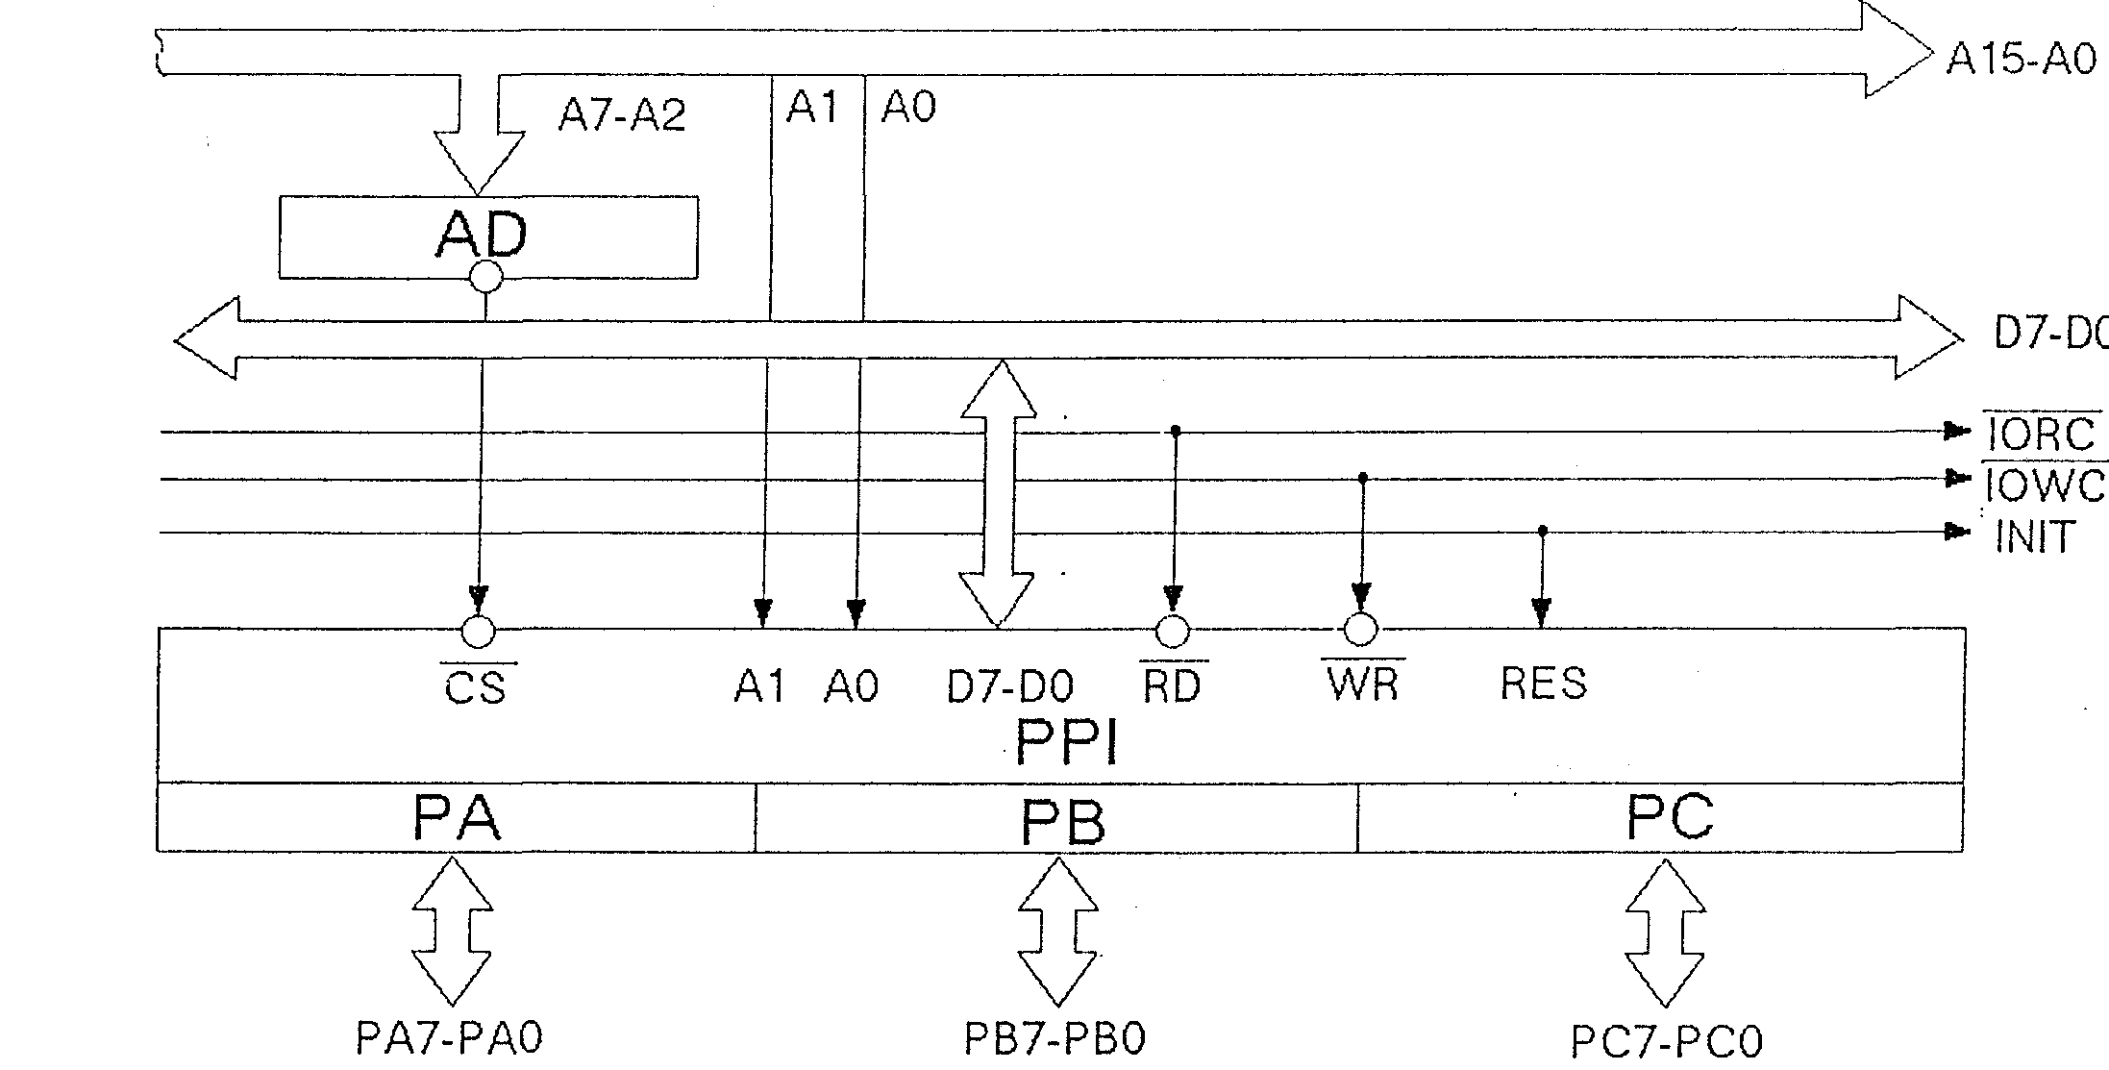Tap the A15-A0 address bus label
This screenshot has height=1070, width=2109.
coord(2021,59)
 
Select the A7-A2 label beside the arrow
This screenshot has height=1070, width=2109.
coord(622,115)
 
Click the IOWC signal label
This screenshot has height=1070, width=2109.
coord(2046,485)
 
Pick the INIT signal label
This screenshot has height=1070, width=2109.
coord(2035,536)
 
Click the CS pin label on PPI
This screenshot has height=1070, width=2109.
coord(477,686)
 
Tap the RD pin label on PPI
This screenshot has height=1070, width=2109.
coord(1173,685)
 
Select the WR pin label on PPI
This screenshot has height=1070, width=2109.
coord(1363,683)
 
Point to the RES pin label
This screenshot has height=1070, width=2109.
coord(1543,683)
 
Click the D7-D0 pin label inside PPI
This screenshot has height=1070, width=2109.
coord(1010,685)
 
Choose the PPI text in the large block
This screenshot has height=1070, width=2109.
coord(1067,743)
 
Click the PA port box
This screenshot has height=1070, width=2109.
coord(457,817)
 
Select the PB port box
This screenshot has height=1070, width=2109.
coord(1056,817)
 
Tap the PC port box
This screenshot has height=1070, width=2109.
coord(1660,817)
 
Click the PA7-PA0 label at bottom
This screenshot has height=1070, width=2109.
coord(449,1038)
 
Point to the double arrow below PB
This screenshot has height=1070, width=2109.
coord(1057,931)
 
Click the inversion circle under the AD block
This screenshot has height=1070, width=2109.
coord(485,278)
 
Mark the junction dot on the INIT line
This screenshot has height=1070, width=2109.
coord(1543,531)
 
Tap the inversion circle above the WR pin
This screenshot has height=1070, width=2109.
coord(1360,630)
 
